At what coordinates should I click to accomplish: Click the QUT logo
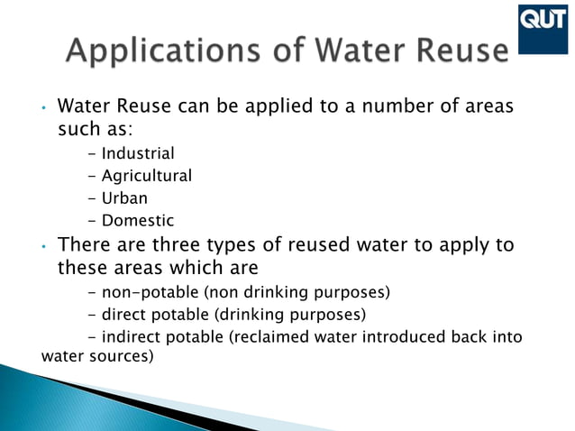(x=543, y=20)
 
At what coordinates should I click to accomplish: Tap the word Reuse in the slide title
(x=458, y=51)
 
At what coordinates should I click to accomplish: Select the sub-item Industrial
(x=138, y=153)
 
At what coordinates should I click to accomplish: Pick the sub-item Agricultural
(x=147, y=176)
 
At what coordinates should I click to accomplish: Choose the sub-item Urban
(x=124, y=197)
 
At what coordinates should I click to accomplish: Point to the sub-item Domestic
(x=138, y=220)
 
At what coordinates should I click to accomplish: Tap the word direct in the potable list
(x=127, y=315)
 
